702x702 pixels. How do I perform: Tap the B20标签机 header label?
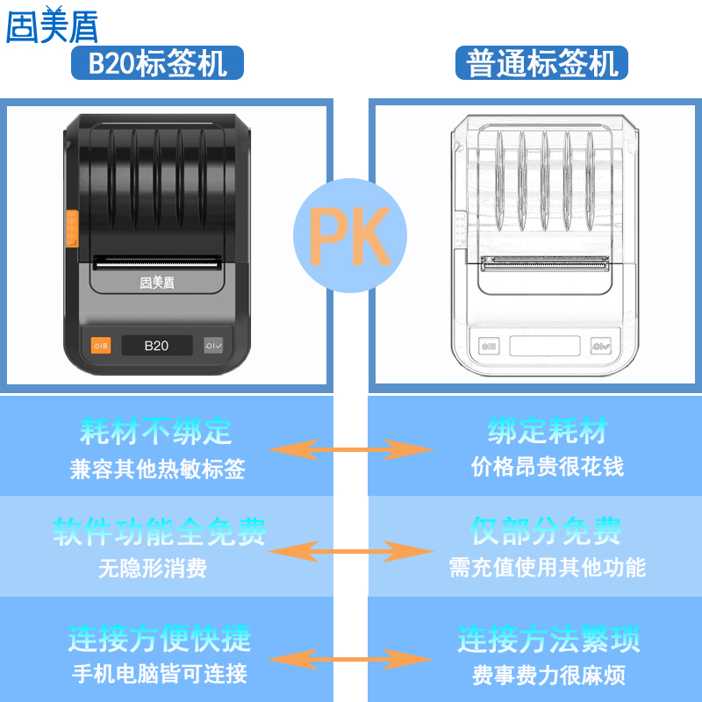pos(158,63)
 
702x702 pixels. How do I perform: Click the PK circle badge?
pos(350,235)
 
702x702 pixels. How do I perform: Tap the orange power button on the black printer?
pos(102,346)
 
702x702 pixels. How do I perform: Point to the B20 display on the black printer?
pos(156,346)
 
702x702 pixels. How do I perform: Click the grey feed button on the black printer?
pos(213,346)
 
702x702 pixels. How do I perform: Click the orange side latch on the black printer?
pos(71,227)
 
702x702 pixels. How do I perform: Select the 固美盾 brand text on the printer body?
pos(156,283)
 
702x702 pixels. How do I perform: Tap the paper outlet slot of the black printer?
pos(156,261)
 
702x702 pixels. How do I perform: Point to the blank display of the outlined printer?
pos(545,346)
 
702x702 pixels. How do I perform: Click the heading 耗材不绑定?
pos(156,432)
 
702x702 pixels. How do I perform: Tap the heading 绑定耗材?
pos(548,432)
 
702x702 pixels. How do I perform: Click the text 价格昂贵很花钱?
pos(548,466)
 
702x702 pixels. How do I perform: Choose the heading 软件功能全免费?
pos(159,532)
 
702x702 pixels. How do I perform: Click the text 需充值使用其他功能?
pos(548,568)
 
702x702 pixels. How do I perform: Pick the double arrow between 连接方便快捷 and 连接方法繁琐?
pos(350,658)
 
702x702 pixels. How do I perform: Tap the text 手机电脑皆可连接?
pos(159,674)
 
